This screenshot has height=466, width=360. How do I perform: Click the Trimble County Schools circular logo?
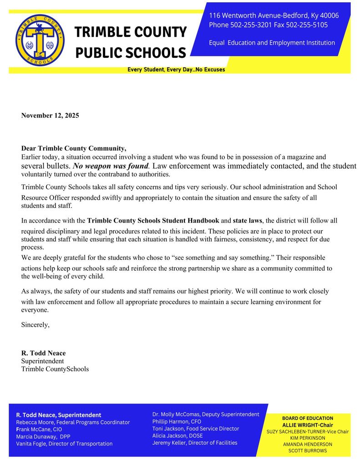coord(40,40)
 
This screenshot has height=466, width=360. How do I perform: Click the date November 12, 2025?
coord(50,116)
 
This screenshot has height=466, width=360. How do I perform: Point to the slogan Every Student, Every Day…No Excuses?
coord(176,70)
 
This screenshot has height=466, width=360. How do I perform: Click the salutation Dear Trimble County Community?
coord(74,148)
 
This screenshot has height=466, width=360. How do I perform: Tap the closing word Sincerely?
coord(35,325)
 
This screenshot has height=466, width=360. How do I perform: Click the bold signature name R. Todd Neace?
coord(43,353)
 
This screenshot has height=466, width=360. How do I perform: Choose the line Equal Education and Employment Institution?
coord(272,43)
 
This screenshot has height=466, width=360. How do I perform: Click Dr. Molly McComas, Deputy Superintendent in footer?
coord(206,415)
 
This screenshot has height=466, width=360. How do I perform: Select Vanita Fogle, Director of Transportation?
coord(64,444)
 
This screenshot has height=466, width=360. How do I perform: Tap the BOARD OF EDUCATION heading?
coord(307,418)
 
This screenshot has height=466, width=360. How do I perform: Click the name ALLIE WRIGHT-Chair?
coord(307,425)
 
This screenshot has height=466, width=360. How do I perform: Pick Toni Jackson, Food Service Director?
coord(195,429)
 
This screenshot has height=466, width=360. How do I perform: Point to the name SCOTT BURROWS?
coord(307,451)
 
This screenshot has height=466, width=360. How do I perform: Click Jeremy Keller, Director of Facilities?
coord(194,443)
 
